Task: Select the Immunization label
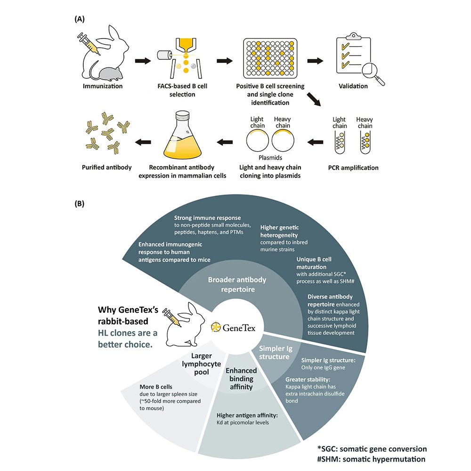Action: (x=103, y=86)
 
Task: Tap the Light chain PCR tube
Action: (x=340, y=143)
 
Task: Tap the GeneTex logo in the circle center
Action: (x=235, y=327)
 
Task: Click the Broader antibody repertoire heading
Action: (x=237, y=284)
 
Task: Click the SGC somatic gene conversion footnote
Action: (x=372, y=449)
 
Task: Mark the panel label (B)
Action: (x=81, y=205)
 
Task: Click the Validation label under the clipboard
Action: (x=353, y=86)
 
